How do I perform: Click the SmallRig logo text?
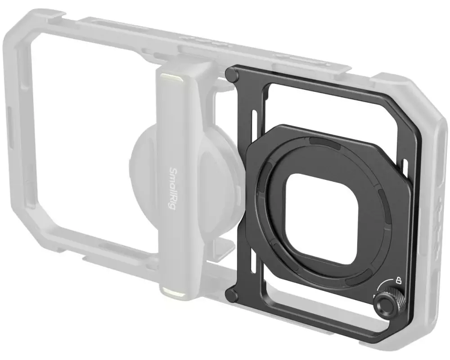(173, 189)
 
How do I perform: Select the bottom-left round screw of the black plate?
(232, 294)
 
